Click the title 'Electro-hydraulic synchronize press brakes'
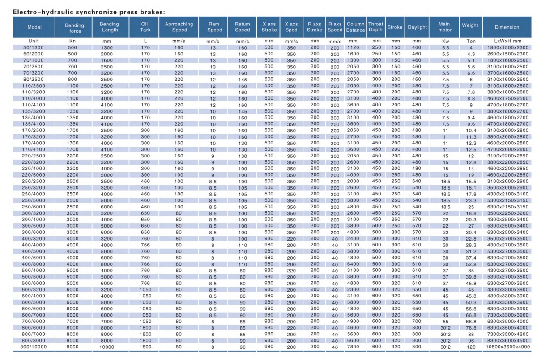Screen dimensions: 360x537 point(85,12)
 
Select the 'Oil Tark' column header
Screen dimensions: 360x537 point(145,27)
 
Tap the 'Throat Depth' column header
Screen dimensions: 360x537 point(375,27)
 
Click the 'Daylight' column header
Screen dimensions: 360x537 point(417,27)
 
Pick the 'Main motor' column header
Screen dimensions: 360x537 point(444,27)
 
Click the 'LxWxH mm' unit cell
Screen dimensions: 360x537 point(506,41)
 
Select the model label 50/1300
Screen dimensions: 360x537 point(34,47)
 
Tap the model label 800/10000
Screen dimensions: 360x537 point(34,347)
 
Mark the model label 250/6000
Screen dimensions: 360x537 point(34,207)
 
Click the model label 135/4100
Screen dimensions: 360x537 point(34,124)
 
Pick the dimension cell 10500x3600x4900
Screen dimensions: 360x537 point(506,347)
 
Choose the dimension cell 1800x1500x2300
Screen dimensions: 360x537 point(506,47)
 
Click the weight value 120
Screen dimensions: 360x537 point(471,347)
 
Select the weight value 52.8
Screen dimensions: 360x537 point(471,264)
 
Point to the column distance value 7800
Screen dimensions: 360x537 point(353,347)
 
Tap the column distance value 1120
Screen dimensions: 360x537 point(353,47)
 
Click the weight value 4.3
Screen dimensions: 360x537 point(471,54)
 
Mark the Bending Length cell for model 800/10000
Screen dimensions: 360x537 point(107,347)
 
